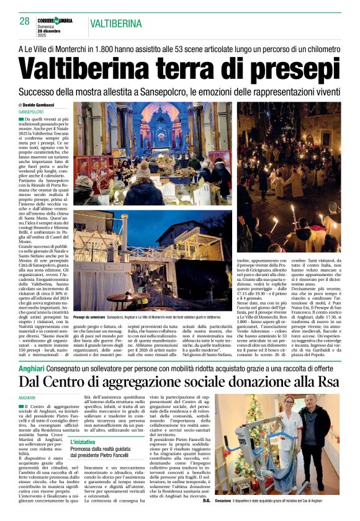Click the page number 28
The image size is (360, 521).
[x=25, y=21]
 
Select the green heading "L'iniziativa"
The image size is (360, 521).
[x=83, y=442]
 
